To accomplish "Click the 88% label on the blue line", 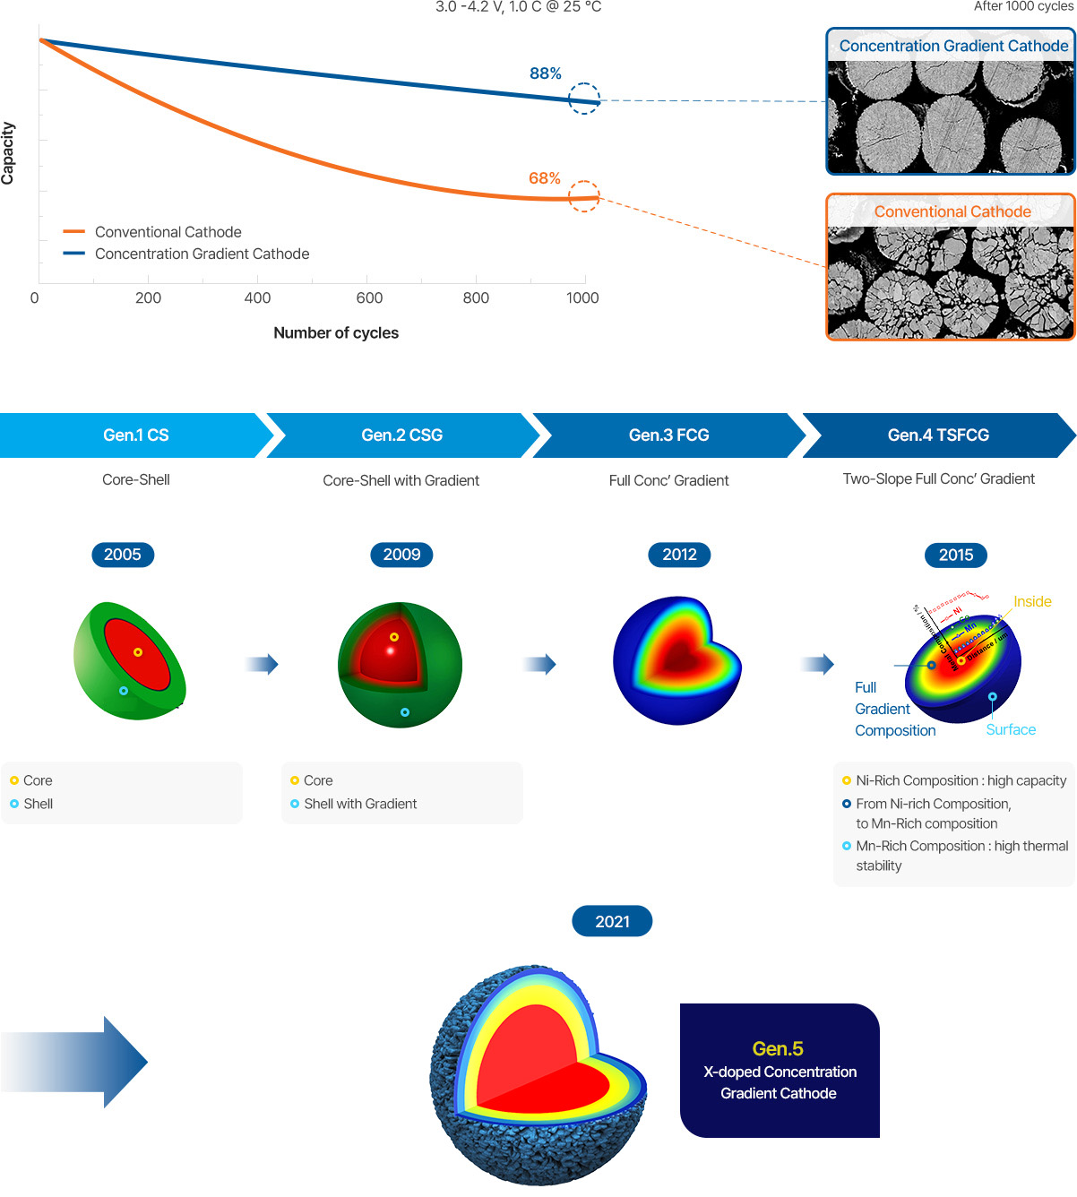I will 545,73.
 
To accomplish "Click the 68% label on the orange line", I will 544,178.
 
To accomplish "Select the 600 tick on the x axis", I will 369,298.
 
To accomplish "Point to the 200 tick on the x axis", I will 148,298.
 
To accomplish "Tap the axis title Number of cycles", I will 336,333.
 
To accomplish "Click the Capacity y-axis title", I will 8,153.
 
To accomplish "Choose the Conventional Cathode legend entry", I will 168,232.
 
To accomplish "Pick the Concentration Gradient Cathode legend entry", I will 202,254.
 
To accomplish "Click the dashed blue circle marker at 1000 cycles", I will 584,99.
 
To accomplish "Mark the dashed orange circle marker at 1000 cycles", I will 584,197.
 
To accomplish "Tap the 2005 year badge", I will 123,555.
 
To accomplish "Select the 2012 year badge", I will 679,555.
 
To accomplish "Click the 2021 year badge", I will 612,922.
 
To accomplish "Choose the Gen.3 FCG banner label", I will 668,435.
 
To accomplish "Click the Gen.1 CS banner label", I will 135,435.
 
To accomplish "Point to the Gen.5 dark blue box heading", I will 778,1049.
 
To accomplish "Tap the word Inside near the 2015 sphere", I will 1032,602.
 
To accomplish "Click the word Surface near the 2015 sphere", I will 1011,730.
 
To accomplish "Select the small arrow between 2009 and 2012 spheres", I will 539,664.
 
